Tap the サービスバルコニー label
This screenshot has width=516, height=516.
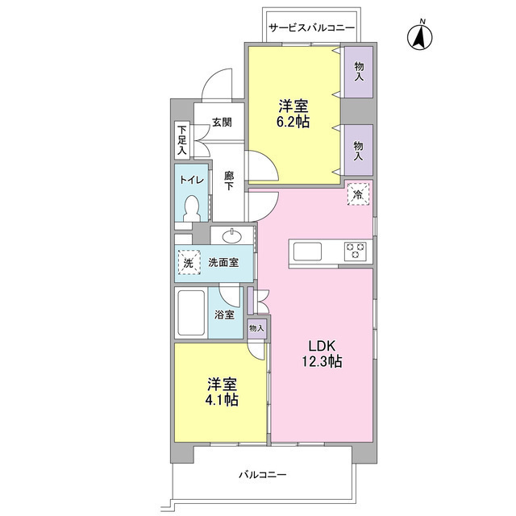coord(311,27)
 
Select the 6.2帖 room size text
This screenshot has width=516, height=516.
coord(293,122)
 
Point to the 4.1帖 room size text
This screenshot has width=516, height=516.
coord(223,400)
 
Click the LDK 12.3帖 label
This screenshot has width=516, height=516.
coord(322,354)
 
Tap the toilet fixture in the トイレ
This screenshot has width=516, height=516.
coord(191,209)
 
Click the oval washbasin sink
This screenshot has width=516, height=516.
coord(232,236)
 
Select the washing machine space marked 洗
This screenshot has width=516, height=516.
coord(189,263)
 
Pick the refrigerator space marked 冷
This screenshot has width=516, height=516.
coord(358,194)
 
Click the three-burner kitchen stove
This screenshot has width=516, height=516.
coord(355,251)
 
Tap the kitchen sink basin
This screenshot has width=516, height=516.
coord(307,252)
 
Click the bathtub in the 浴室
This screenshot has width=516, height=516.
coord(191,312)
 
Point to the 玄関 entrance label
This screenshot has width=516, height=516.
coord(222,122)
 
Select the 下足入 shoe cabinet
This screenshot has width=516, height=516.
coord(182,140)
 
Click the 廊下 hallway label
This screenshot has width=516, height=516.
coord(229,181)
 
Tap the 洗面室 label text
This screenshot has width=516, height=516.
coord(223,263)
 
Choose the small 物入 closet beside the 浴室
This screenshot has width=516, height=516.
coord(256,328)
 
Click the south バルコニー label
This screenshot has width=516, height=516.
coord(263,474)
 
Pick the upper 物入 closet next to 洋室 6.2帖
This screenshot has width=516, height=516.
coord(359,73)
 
